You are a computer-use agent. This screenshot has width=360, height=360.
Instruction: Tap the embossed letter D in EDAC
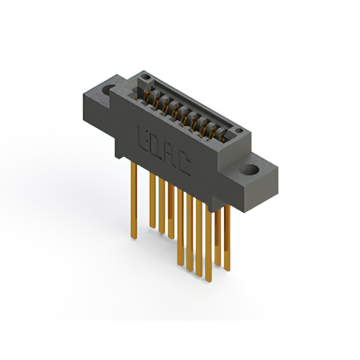153,145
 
